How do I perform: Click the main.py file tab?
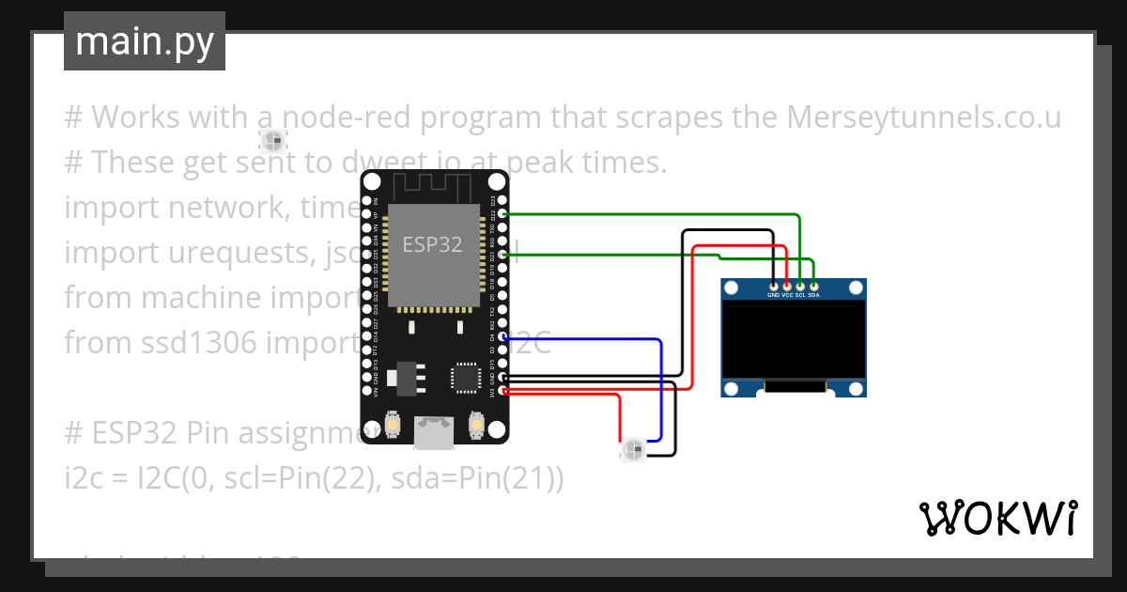145,41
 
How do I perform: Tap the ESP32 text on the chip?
432,244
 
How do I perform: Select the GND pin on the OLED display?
773,285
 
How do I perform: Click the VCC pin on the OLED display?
787,285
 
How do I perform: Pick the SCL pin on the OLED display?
800,285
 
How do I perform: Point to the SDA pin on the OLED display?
814,285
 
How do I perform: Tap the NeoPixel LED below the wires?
634,450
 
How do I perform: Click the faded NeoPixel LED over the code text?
272,142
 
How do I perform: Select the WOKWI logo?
997,518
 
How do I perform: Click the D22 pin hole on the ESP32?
503,214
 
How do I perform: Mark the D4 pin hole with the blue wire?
503,336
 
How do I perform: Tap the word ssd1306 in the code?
163,343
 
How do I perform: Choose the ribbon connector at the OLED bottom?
795,386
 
